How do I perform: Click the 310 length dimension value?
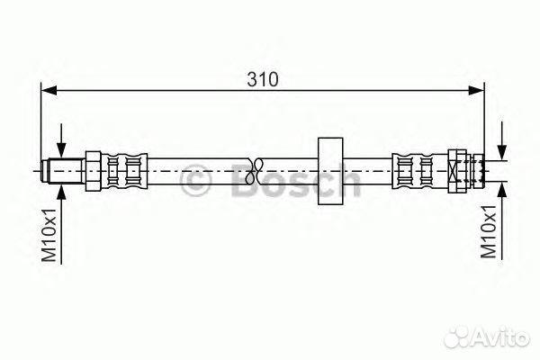tap(263, 79)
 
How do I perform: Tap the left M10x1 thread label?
tap(49, 235)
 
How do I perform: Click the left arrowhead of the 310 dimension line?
tap(49, 91)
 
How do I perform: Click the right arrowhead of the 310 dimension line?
tap(477, 91)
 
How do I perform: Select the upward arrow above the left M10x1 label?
tap(61, 224)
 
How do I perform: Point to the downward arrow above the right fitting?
tap(502, 141)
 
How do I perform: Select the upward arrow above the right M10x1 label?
tap(502, 220)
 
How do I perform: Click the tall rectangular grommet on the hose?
tap(330, 171)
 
